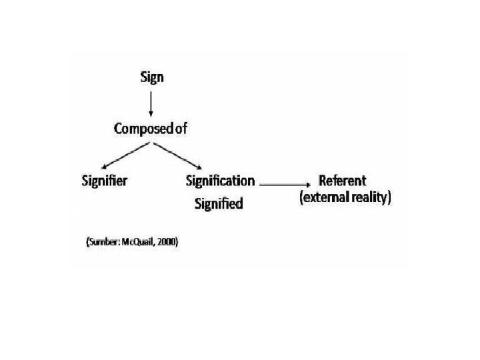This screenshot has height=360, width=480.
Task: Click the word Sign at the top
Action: (x=152, y=77)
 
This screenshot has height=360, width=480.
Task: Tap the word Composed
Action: (x=141, y=129)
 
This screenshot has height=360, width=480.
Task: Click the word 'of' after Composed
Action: (x=179, y=129)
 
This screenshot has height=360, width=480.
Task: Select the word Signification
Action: (x=220, y=181)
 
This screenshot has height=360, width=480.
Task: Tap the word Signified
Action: (x=218, y=203)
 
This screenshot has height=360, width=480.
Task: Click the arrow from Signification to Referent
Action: (x=283, y=181)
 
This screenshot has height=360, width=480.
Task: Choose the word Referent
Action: (x=342, y=181)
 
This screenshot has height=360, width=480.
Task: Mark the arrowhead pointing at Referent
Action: (x=307, y=181)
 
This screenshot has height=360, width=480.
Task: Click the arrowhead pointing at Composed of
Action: (x=152, y=114)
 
